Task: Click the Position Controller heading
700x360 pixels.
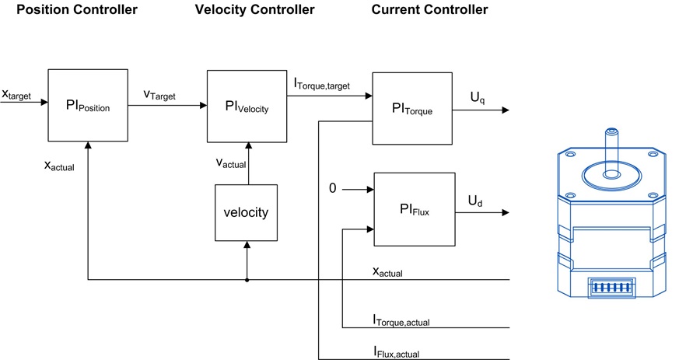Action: pyautogui.click(x=77, y=9)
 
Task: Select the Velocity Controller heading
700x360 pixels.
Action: pyautogui.click(x=254, y=9)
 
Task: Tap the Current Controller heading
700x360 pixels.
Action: pyautogui.click(x=429, y=9)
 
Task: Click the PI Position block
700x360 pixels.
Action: pyautogui.click(x=88, y=105)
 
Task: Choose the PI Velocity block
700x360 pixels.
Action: pyautogui.click(x=247, y=107)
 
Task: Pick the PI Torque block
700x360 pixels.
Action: pyautogui.click(x=412, y=108)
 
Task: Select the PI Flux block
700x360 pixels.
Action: pyautogui.click(x=415, y=209)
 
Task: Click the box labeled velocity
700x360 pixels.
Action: pyautogui.click(x=246, y=213)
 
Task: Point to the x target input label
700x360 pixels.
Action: pyautogui.click(x=16, y=95)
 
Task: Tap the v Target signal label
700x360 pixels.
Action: pyautogui.click(x=159, y=95)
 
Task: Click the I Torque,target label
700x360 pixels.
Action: pyautogui.click(x=321, y=83)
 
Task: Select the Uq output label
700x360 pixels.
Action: pyautogui.click(x=478, y=98)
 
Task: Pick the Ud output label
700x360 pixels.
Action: pyautogui.click(x=475, y=201)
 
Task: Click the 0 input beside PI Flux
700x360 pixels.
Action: pyautogui.click(x=332, y=189)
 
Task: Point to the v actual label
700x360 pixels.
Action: pyautogui.click(x=231, y=163)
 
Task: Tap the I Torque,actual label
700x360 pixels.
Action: pyautogui.click(x=401, y=320)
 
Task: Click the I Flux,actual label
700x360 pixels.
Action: pyautogui.click(x=396, y=352)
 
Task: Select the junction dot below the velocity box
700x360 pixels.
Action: pyautogui.click(x=247, y=280)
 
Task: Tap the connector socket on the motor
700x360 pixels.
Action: pyautogui.click(x=611, y=288)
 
